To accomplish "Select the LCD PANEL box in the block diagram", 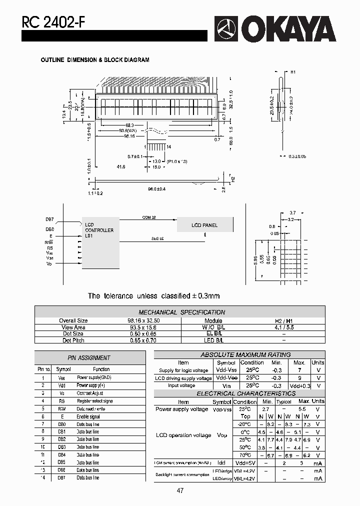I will pyautogui.click(x=204, y=225).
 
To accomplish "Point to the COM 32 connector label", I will pyautogui.click(x=149, y=217).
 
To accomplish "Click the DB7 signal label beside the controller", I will pyautogui.click(x=49, y=219).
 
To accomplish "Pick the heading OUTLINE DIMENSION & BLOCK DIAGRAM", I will pyautogui.click(x=95, y=60).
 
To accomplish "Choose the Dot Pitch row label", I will pyautogui.click(x=73, y=340).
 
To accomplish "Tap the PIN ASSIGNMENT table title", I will pyautogui.click(x=89, y=357).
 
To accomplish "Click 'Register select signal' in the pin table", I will pyautogui.click(x=94, y=401).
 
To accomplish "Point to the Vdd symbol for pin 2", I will pyautogui.click(x=61, y=385).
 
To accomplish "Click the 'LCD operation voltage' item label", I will pyautogui.click(x=183, y=435).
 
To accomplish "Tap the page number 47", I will pyautogui.click(x=180, y=490).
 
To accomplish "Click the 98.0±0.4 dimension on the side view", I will pyautogui.click(x=156, y=188).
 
